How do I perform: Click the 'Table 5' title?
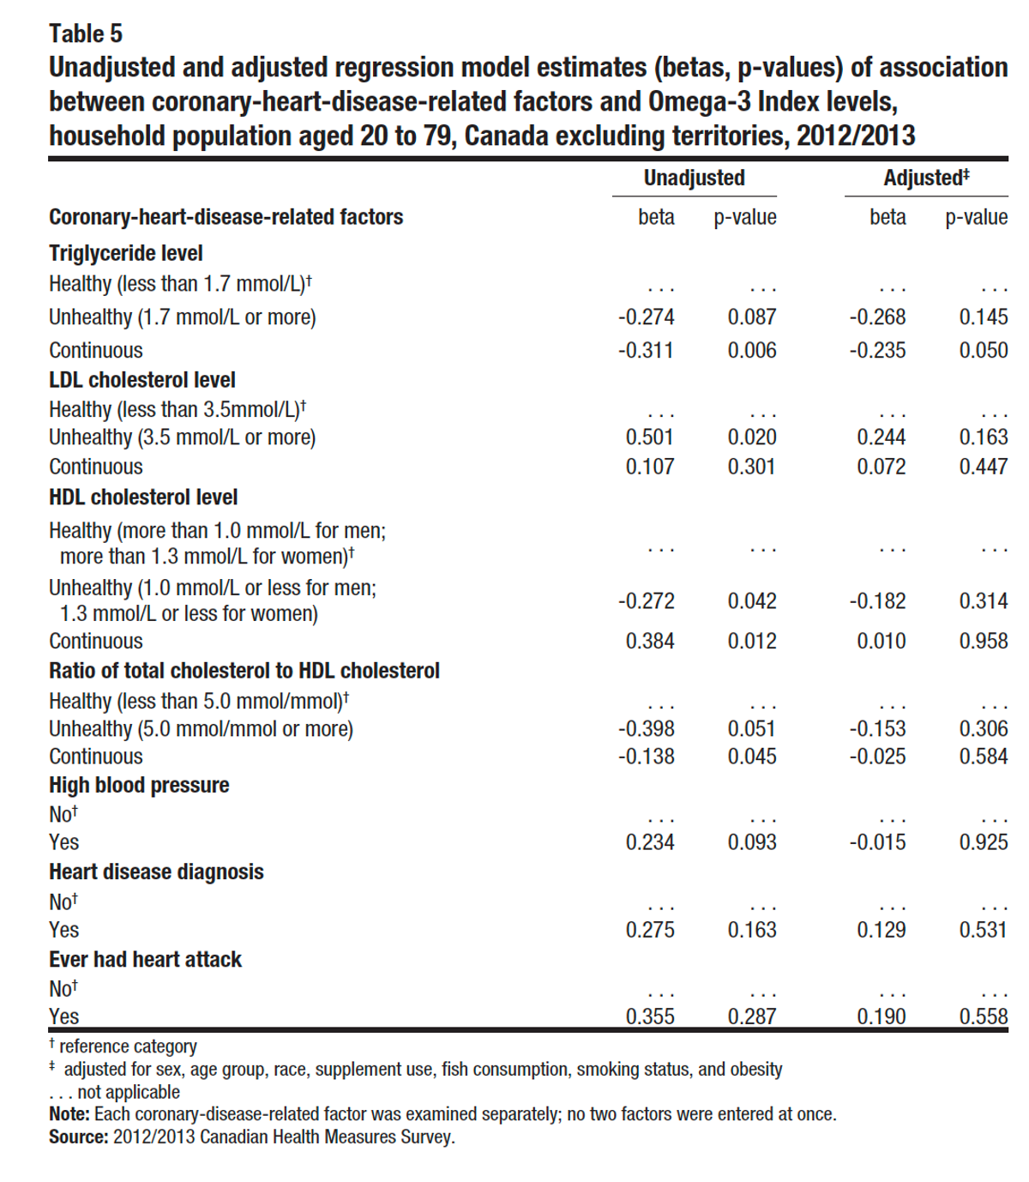click(x=86, y=33)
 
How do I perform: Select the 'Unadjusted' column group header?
click(x=694, y=178)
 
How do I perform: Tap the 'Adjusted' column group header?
click(x=926, y=178)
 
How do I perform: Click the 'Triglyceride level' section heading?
click(x=126, y=254)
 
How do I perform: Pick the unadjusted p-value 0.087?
click(x=752, y=317)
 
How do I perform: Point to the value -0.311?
click(x=646, y=351)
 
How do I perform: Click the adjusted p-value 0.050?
click(x=984, y=351)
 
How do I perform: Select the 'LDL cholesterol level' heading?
click(x=142, y=380)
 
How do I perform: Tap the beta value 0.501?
click(x=650, y=437)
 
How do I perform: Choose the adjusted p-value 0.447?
click(x=984, y=467)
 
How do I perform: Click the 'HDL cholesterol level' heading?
click(x=143, y=498)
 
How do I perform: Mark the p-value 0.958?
click(x=984, y=642)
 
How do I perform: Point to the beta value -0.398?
click(x=647, y=729)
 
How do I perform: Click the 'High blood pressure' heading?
click(x=139, y=786)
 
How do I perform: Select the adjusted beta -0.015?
click(x=877, y=842)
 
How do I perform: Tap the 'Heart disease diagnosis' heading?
click(x=156, y=872)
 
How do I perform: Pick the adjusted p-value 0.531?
click(x=984, y=930)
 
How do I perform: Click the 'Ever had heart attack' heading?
click(x=146, y=960)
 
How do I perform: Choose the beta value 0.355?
click(x=650, y=1016)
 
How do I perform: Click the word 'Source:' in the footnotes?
click(x=79, y=1137)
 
